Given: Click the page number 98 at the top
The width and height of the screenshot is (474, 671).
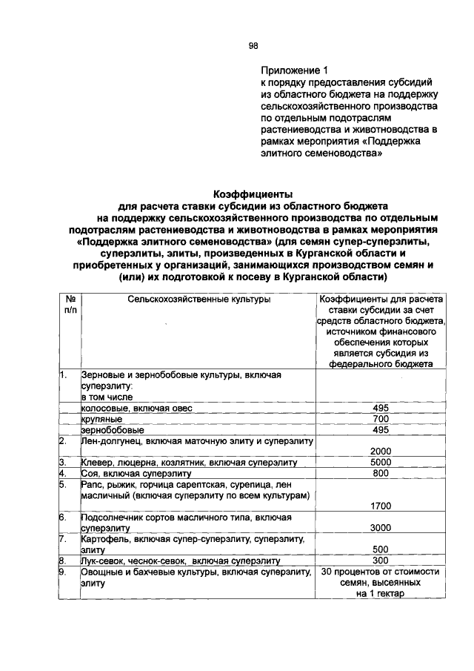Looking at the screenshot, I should click(253, 45).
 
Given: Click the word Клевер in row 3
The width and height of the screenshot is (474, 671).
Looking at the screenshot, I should click(97, 463).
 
